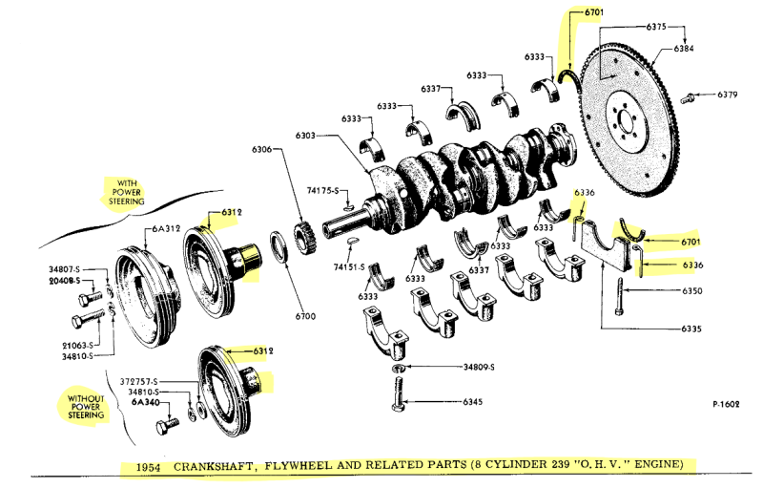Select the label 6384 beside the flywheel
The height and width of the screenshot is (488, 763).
click(x=684, y=48)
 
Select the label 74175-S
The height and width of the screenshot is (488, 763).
click(x=323, y=192)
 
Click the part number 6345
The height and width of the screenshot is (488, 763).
click(x=472, y=402)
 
